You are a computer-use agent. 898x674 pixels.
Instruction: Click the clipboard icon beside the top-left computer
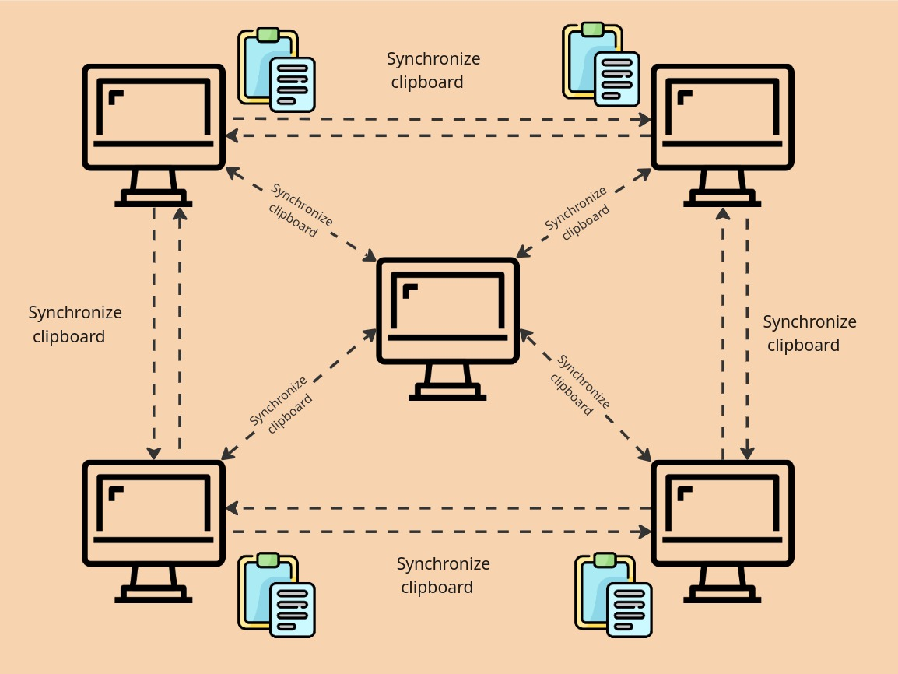276,71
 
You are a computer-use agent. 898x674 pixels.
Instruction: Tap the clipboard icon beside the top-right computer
601,65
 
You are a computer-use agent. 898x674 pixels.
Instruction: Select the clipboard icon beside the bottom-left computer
276,596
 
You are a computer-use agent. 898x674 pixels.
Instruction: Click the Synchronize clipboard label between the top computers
433,70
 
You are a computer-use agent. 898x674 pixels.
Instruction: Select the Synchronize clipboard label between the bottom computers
443,575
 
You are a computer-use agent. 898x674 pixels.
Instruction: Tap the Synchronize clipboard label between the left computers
75,325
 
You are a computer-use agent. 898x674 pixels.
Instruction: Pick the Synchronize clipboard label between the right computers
809,333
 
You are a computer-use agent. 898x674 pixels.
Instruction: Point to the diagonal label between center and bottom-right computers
580,385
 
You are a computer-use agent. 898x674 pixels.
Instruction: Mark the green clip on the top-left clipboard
268,35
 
